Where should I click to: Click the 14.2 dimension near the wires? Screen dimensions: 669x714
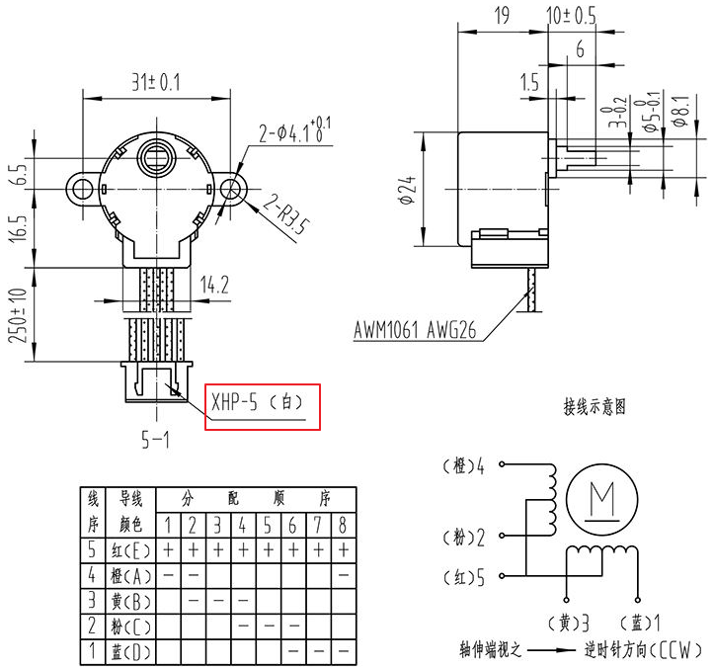tap(214, 286)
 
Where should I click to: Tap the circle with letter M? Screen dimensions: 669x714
tap(598, 495)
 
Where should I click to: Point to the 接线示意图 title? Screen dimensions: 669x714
tap(595, 406)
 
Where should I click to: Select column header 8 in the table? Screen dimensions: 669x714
tap(343, 524)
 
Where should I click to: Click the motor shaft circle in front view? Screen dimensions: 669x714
tap(156, 156)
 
